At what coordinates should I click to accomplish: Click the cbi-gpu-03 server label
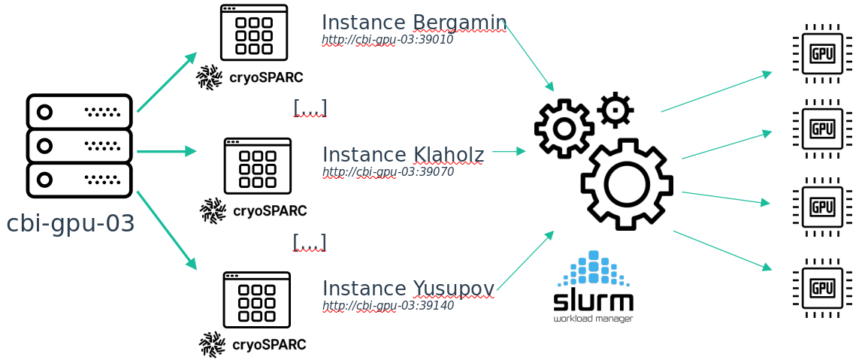pos(71,223)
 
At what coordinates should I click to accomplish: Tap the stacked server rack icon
pos(79,146)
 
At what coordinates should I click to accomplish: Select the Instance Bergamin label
pos(413,22)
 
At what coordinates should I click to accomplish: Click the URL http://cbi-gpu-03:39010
pos(387,39)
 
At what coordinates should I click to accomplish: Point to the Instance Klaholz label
pos(403,155)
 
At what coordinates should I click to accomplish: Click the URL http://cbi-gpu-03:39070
pos(388,171)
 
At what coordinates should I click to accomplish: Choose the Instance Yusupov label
pos(408,288)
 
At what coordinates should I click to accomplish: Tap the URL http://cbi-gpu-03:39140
pos(388,305)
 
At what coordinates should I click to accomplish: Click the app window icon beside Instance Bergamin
pos(253,32)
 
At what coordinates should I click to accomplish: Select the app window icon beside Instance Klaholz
pos(257,166)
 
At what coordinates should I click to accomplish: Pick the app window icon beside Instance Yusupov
pos(256,300)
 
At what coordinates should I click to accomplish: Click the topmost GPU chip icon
pos(822,53)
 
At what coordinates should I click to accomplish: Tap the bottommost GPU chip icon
pos(822,288)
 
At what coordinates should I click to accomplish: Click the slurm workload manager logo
pos(593,287)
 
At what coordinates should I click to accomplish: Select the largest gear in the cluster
pos(626,184)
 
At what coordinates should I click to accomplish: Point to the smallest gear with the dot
pos(615,110)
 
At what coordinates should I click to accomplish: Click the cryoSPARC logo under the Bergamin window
pos(250,77)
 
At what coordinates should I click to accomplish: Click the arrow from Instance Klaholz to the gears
pos(509,151)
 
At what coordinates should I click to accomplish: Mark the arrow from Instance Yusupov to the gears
pos(525,260)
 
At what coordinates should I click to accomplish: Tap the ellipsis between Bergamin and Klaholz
pos(310,108)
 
